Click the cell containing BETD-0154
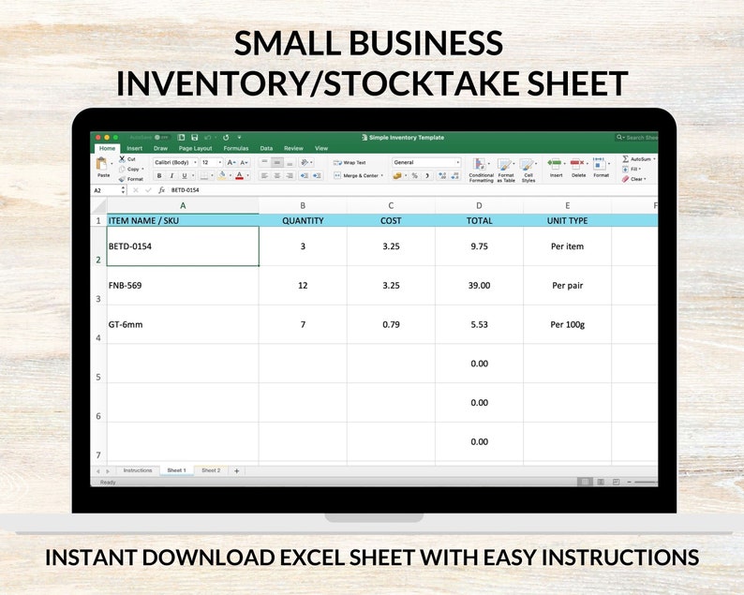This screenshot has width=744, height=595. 130,246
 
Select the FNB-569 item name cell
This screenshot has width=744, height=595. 126,285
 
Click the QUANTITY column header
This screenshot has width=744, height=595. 303,221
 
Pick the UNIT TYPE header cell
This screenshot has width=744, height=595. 567,221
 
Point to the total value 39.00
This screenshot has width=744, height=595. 479,285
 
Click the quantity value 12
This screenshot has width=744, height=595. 303,285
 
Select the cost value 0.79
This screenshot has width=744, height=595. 391,324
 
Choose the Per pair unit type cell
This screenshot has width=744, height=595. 567,285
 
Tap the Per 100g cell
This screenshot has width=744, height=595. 567,324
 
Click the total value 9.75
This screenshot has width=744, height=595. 479,246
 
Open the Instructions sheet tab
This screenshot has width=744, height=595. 138,470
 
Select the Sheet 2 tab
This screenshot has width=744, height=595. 211,470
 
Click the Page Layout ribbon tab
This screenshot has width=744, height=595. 196,148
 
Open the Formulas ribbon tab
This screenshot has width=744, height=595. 236,148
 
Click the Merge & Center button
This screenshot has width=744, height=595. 357,175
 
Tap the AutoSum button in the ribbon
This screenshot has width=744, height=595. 639,159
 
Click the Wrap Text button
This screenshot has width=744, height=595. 351,162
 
